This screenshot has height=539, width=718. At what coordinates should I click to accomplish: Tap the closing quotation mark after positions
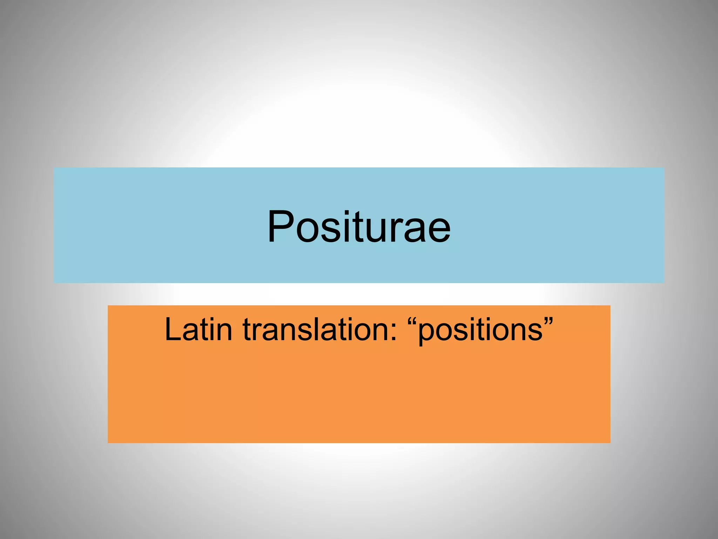pos(548,321)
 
